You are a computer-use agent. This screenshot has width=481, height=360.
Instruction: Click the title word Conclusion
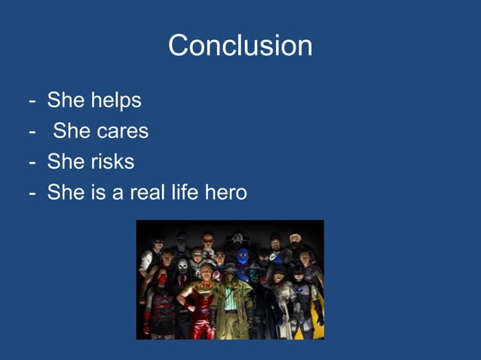(x=240, y=46)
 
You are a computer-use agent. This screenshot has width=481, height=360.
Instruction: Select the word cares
(x=122, y=131)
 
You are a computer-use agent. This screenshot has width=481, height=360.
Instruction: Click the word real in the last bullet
(x=149, y=193)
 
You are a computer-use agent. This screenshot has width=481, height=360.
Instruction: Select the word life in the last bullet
(x=186, y=193)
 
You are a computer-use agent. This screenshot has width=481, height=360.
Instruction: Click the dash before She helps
(x=32, y=101)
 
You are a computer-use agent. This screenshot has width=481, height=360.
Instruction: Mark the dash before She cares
(x=32, y=132)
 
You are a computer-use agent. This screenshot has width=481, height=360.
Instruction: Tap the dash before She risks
(x=32, y=162)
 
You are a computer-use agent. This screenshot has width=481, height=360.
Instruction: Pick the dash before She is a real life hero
(x=32, y=194)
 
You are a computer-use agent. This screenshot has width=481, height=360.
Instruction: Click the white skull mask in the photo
(x=182, y=267)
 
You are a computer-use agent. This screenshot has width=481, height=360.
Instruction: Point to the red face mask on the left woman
(x=162, y=279)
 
